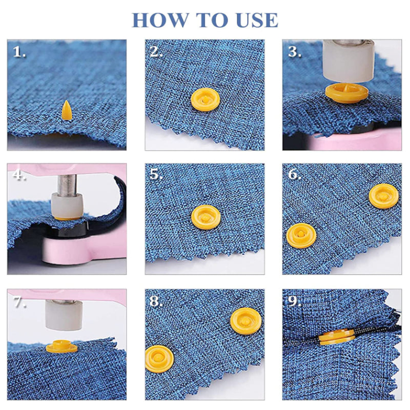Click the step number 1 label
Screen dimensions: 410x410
tap(19, 52)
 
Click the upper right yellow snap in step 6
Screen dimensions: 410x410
tap(383, 196)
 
